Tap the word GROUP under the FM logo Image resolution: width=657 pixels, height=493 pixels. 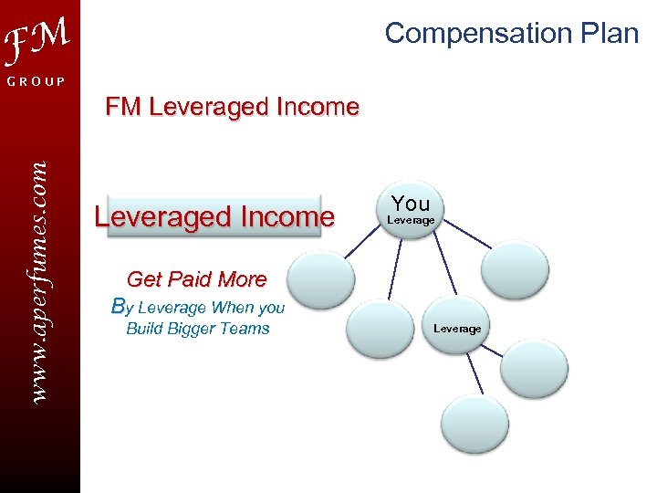(37, 82)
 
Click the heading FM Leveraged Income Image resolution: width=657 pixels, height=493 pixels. (232, 107)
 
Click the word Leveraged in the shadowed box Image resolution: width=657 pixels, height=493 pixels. (162, 217)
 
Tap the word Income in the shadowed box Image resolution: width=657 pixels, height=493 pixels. (287, 217)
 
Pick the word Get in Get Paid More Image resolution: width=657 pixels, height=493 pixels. (143, 279)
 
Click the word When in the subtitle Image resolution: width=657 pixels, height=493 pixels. (233, 308)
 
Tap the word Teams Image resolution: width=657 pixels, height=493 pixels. (247, 329)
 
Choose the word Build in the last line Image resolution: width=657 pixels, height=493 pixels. (143, 329)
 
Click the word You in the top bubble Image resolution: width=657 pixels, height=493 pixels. (411, 203)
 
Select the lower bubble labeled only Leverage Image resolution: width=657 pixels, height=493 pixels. (457, 328)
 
